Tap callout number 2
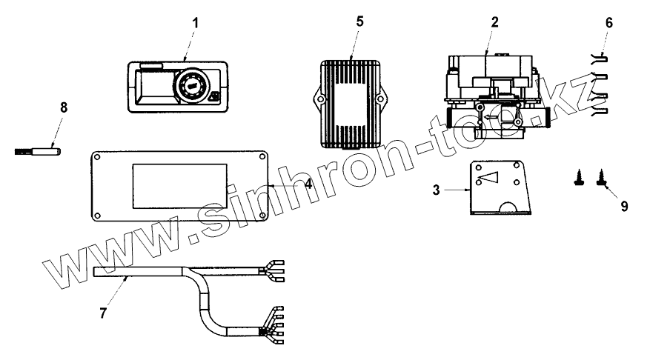tap(494, 21)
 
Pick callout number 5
tap(359, 21)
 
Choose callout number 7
tap(103, 313)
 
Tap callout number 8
tap(63, 107)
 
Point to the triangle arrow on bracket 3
tap(489, 179)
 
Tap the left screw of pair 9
tap(577, 177)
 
